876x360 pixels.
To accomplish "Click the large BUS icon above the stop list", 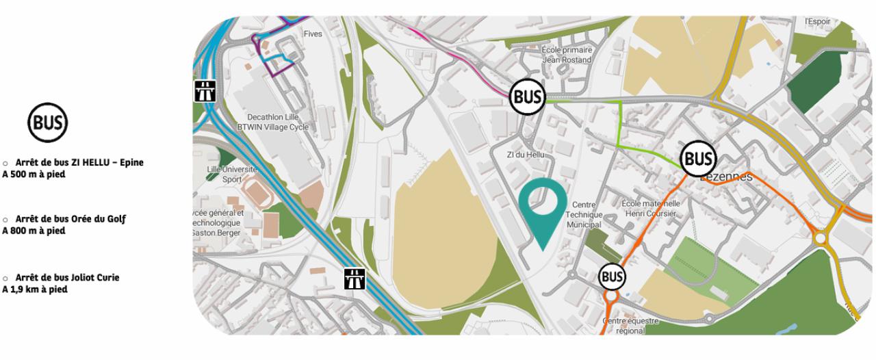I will (48, 124).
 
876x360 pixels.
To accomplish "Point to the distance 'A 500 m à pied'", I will (34, 173).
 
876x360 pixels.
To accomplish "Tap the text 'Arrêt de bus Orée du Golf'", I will (70, 219).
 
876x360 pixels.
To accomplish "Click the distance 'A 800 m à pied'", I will (34, 231).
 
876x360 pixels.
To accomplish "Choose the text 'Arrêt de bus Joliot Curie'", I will (67, 277).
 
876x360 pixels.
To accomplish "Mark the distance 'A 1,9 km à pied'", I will (36, 289).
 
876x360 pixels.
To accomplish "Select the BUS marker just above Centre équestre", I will (612, 277).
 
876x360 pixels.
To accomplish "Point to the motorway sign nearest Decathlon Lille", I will (203, 90).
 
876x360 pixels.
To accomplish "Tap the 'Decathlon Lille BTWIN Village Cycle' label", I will (272, 121).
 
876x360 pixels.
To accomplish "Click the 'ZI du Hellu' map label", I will (526, 155).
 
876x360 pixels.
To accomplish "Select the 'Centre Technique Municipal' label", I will (584, 215).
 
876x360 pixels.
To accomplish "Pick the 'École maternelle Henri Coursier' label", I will (650, 209).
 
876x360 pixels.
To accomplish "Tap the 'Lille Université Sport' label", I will (232, 174).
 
